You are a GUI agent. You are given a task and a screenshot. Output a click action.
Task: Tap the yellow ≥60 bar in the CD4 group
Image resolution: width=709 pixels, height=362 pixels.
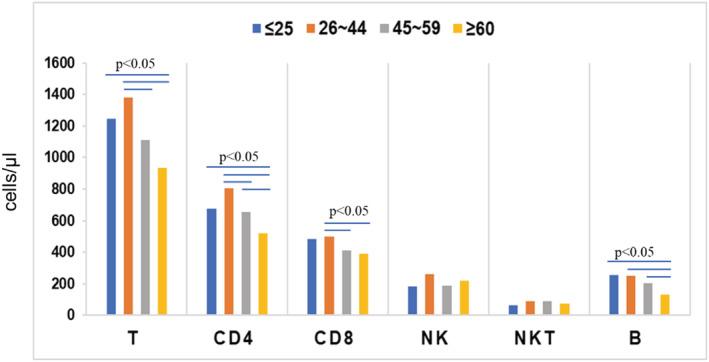262,274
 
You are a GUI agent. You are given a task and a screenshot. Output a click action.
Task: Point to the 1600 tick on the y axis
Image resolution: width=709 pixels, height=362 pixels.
58,63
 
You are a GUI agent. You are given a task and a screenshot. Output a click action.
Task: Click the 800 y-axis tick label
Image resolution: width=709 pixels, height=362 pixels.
62,189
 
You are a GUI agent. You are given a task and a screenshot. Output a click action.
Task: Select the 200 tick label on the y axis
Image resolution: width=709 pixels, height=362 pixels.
62,284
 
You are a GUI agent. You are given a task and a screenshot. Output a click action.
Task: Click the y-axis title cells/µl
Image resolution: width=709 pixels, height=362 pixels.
20,188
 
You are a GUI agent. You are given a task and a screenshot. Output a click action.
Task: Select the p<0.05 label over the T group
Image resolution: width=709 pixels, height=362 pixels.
136,65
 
